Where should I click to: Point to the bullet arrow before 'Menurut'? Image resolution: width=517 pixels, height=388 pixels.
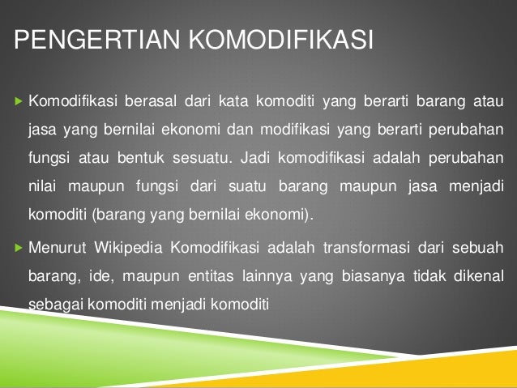[x=17, y=248]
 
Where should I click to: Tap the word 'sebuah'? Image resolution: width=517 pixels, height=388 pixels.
[x=479, y=248]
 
